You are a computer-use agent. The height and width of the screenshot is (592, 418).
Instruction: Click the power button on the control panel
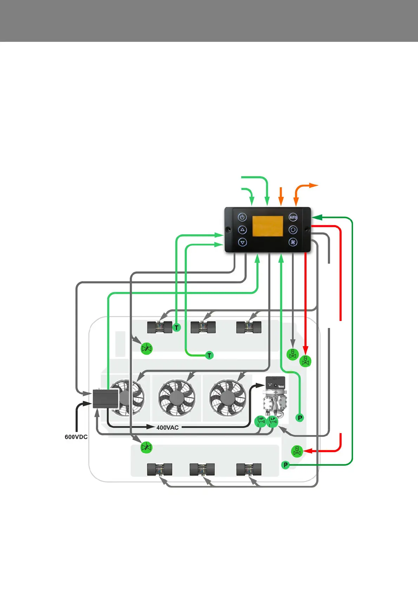(x=242, y=217)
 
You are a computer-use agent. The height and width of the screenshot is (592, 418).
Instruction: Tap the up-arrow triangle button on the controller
(x=242, y=230)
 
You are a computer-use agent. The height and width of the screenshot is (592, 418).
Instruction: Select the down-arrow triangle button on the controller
(x=242, y=242)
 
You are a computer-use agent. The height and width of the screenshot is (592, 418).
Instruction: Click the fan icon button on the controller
(x=293, y=242)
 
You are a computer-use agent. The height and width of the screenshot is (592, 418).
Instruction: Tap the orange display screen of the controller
(x=268, y=226)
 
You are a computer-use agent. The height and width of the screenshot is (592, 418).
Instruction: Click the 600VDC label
(x=76, y=437)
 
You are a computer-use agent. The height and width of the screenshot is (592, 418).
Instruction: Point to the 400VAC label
(x=168, y=427)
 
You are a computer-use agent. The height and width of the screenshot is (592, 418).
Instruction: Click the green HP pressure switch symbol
(x=261, y=421)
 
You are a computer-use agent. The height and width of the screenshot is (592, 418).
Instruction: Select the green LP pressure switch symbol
(x=273, y=421)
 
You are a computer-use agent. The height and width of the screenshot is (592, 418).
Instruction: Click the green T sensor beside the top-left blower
(x=177, y=328)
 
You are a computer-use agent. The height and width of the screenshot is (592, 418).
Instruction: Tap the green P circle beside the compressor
(x=300, y=418)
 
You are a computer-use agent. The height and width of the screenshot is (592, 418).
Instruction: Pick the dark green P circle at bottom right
(x=286, y=465)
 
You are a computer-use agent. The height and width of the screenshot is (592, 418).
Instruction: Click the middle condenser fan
(x=177, y=398)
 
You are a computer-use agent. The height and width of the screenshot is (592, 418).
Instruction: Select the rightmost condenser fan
(x=227, y=398)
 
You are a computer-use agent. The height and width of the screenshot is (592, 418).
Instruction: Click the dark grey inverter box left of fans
(x=105, y=399)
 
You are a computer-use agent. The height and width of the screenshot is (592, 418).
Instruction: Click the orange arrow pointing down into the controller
(x=281, y=196)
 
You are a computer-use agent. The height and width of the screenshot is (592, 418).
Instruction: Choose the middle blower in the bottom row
(x=202, y=469)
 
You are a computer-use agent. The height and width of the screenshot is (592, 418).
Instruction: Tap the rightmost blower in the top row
(x=249, y=328)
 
